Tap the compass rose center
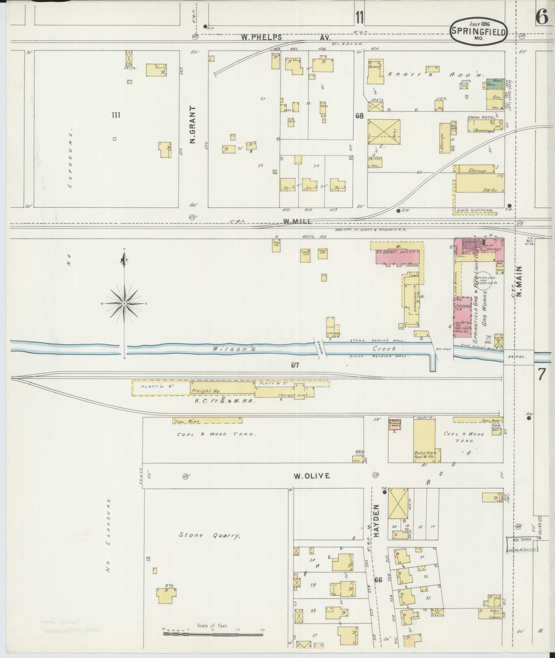124,303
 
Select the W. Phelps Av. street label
286,37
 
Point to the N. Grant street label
192,125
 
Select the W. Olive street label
311,476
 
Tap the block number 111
116,115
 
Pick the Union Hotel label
480,118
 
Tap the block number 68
360,116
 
